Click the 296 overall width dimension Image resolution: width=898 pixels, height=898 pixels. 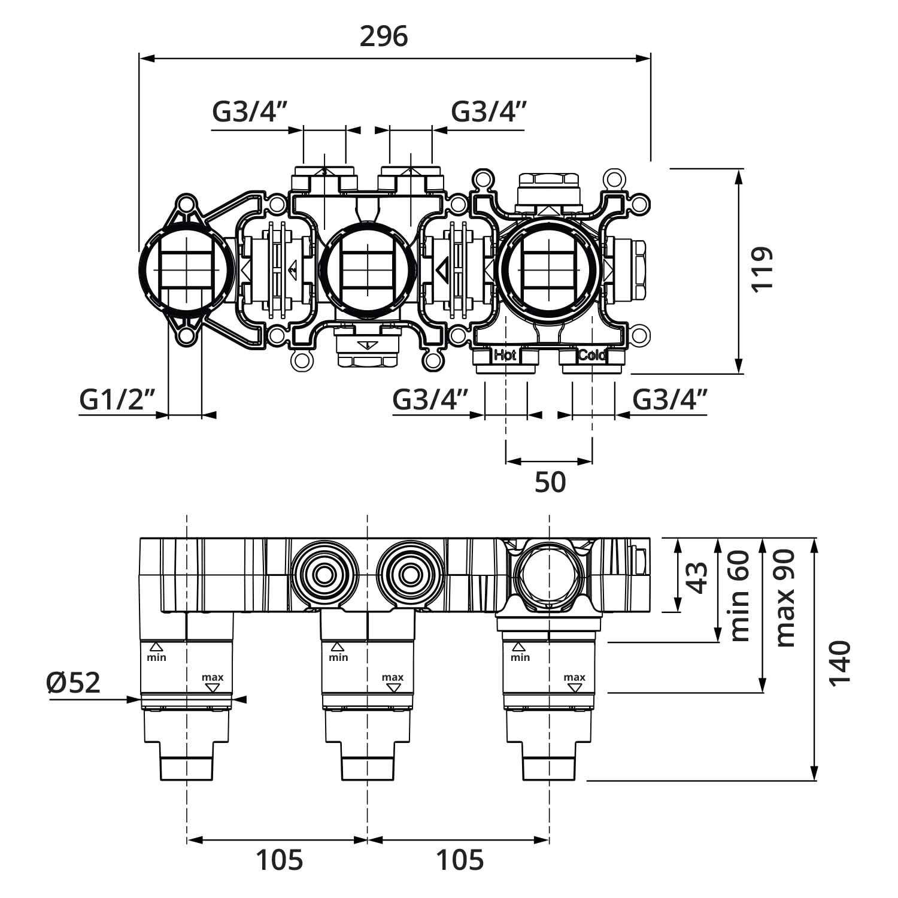click(x=384, y=37)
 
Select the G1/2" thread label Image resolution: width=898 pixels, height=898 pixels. click(x=117, y=399)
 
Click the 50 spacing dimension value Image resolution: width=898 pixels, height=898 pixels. click(x=550, y=482)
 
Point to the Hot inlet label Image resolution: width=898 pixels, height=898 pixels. click(x=505, y=356)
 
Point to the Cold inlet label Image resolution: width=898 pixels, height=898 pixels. click(x=592, y=356)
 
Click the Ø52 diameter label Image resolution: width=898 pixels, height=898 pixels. click(x=74, y=682)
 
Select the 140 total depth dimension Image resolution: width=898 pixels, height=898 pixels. click(x=839, y=663)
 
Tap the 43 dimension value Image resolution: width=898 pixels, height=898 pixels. click(x=697, y=577)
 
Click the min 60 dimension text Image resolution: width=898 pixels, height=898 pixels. click(x=739, y=596)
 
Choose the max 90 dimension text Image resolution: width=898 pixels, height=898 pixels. click(x=785, y=597)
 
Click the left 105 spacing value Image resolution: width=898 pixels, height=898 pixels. click(x=280, y=861)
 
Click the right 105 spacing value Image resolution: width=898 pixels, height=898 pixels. click(x=459, y=861)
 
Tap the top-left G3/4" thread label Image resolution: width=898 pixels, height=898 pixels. click(x=250, y=112)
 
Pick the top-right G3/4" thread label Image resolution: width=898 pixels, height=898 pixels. click(x=489, y=112)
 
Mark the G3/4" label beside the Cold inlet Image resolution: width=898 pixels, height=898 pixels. click(x=670, y=399)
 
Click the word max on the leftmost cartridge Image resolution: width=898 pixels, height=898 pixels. click(x=213, y=678)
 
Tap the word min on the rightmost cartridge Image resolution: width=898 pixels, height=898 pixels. click(x=520, y=657)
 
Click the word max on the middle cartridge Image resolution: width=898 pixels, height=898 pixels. click(x=393, y=678)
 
